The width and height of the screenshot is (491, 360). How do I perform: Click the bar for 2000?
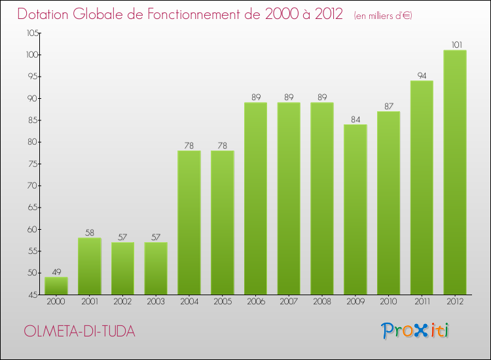[x=56, y=286]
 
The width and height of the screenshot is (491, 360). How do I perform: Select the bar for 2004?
[x=189, y=223]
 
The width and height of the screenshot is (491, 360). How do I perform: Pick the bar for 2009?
[x=355, y=209]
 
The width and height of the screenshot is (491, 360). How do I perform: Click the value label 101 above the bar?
[x=455, y=45]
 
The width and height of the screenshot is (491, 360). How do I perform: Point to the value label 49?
[x=56, y=272]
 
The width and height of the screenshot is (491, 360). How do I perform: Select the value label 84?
[x=355, y=119]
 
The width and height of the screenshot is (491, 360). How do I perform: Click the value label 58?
[x=90, y=233]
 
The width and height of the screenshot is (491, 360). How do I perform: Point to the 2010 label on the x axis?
[x=388, y=302]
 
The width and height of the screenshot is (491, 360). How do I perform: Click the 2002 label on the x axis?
[x=122, y=302]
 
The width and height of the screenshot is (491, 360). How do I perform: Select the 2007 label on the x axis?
[x=289, y=302]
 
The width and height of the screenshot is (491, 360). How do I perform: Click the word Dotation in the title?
[x=50, y=14]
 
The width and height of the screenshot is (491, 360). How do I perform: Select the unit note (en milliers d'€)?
[x=383, y=15]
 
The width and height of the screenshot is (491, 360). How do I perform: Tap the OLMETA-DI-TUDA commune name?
[x=79, y=331]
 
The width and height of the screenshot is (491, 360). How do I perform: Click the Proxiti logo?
[x=416, y=331]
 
